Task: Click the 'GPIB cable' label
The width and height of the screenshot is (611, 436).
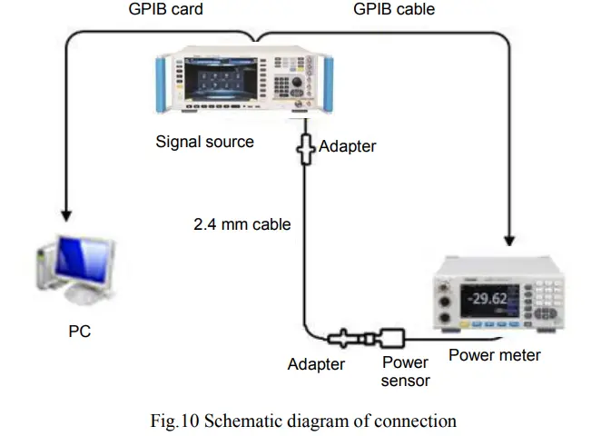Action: (393, 10)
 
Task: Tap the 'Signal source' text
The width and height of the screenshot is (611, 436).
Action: (204, 142)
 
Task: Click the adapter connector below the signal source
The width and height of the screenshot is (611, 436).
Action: (305, 145)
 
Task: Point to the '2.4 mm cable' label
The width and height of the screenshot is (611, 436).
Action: (241, 223)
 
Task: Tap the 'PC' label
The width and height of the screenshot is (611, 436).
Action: (80, 332)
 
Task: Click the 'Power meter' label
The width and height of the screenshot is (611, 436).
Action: (494, 355)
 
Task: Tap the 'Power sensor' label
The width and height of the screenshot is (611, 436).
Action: (405, 371)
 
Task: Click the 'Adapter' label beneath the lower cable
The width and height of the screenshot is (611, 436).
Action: (316, 364)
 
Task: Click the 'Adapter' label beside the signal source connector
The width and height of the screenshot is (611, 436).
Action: (347, 145)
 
